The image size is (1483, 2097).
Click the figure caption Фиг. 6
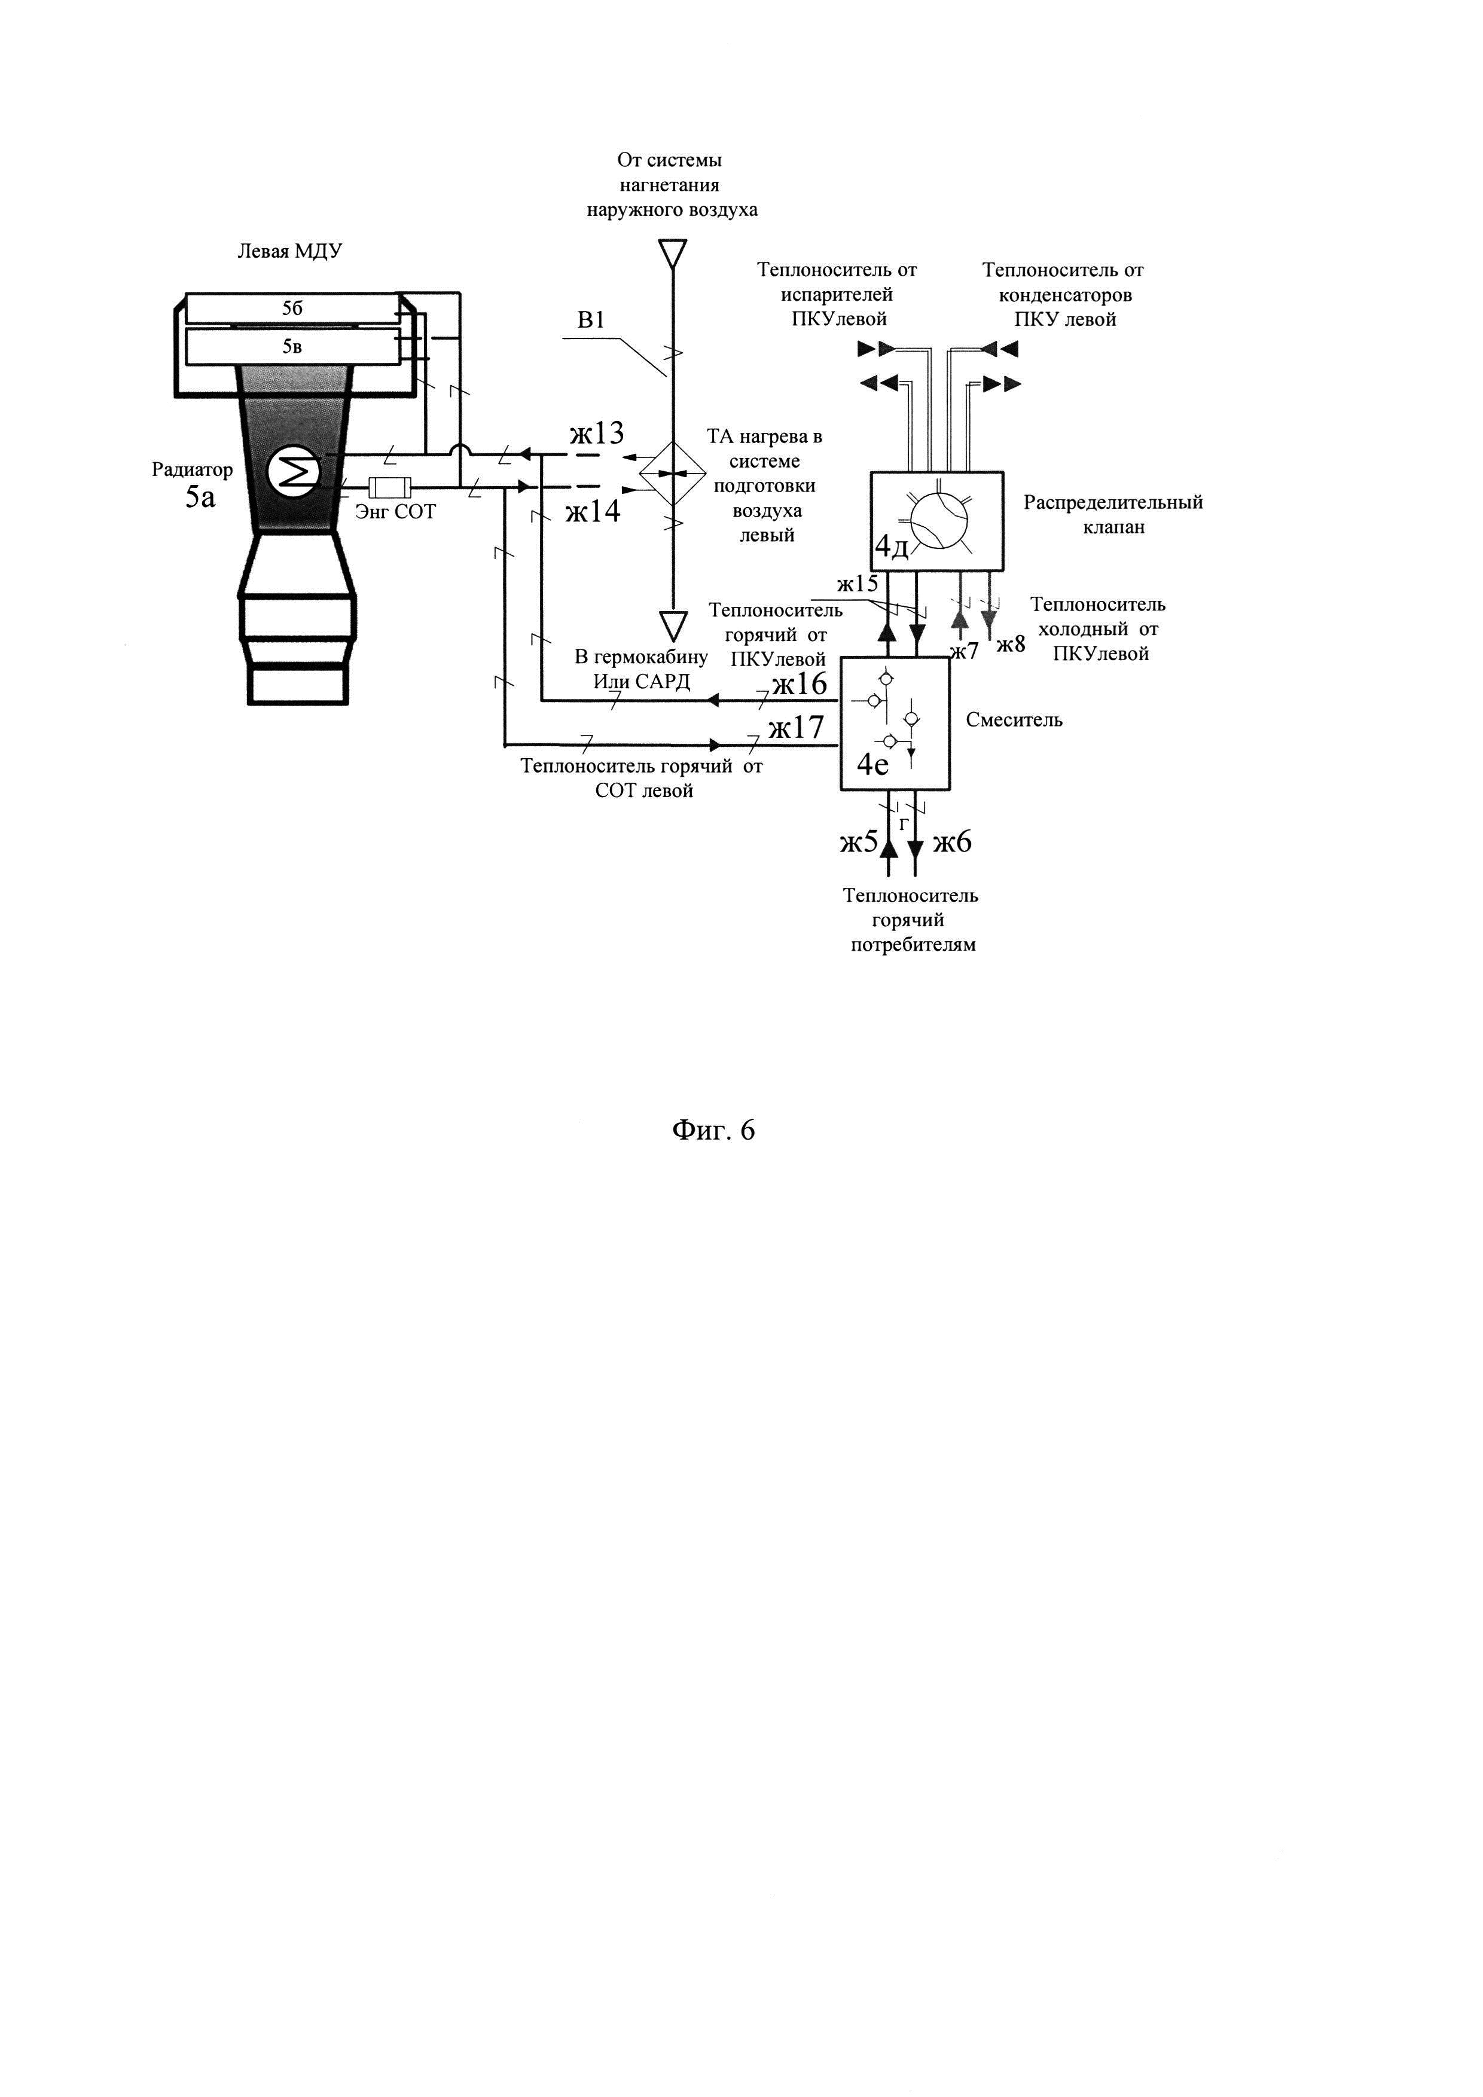click(713, 1131)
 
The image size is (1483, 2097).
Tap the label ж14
click(593, 511)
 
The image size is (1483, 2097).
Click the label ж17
click(795, 728)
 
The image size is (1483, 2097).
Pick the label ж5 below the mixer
click(858, 842)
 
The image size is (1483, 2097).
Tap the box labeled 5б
click(292, 309)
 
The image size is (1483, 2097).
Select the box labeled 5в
click(292, 346)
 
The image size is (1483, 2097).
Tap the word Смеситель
click(1014, 720)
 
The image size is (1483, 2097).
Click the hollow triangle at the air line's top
click(672, 253)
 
